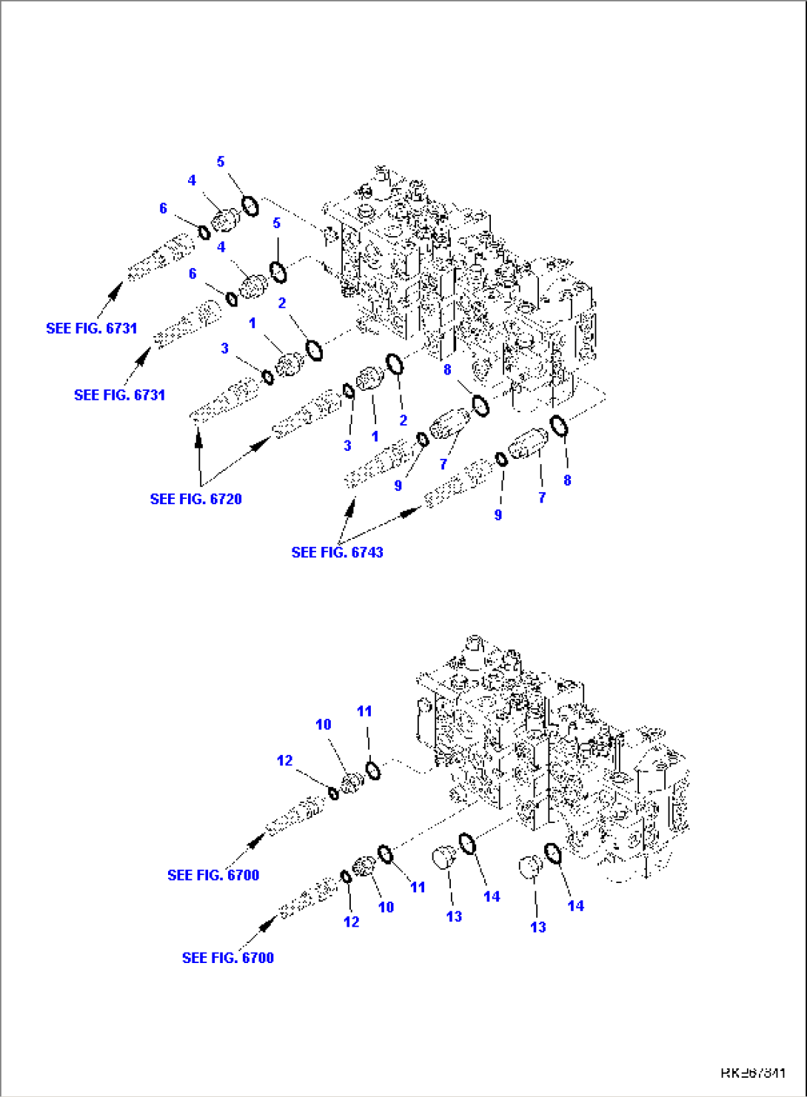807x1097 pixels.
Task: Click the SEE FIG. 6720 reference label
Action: pyautogui.click(x=195, y=499)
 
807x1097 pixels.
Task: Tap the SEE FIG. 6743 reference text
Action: pyautogui.click(x=337, y=552)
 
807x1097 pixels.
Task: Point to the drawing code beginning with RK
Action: pyautogui.click(x=752, y=1073)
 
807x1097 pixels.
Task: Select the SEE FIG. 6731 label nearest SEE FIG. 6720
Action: pyautogui.click(x=119, y=395)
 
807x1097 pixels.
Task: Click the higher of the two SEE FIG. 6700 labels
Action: pyautogui.click(x=213, y=875)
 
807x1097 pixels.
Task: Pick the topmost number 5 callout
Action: pyautogui.click(x=221, y=161)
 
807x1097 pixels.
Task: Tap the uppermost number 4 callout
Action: pyautogui.click(x=192, y=180)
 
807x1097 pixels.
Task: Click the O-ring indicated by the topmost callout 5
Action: pyautogui.click(x=251, y=206)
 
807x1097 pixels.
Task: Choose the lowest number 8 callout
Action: pyautogui.click(x=567, y=480)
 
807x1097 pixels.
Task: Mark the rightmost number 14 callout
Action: pyautogui.click(x=575, y=905)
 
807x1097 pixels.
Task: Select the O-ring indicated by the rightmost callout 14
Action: pyautogui.click(x=553, y=854)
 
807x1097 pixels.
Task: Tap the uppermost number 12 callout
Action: pyautogui.click(x=285, y=760)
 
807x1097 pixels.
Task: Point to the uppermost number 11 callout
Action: pyautogui.click(x=364, y=711)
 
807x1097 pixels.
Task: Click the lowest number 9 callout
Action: pyautogui.click(x=498, y=514)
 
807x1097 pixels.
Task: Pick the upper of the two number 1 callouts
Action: pyautogui.click(x=252, y=323)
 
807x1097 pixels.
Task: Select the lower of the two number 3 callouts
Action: pyautogui.click(x=347, y=445)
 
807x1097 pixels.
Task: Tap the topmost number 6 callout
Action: pyautogui.click(x=164, y=208)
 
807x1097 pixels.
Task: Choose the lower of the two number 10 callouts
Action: pyautogui.click(x=386, y=907)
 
